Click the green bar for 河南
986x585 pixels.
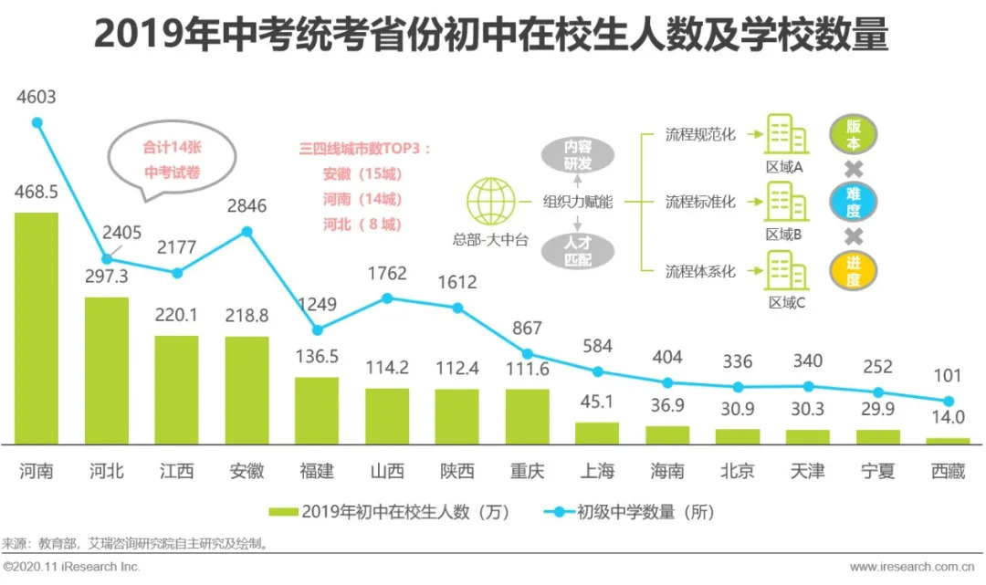[37, 328]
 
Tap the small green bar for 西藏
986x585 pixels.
[948, 441]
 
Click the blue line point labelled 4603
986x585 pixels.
[37, 122]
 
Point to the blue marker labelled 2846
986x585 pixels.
[246, 232]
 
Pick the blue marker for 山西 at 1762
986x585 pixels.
[387, 298]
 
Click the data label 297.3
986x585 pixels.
[107, 277]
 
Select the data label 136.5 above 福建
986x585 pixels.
[317, 357]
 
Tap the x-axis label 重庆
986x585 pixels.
[527, 471]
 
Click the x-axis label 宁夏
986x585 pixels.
[877, 471]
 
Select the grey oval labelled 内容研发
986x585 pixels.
[576, 155]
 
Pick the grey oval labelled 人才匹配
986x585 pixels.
[576, 251]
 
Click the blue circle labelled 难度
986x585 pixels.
[853, 203]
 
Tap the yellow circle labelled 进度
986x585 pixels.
[853, 271]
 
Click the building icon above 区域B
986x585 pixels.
[785, 202]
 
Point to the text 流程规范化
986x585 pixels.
[701, 134]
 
